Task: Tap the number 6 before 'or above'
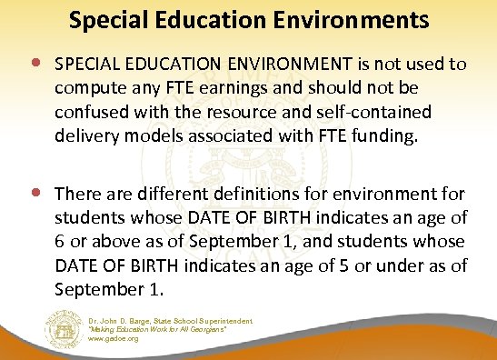click(x=60, y=243)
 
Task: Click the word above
click(x=115, y=243)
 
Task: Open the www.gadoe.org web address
click(x=113, y=338)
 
